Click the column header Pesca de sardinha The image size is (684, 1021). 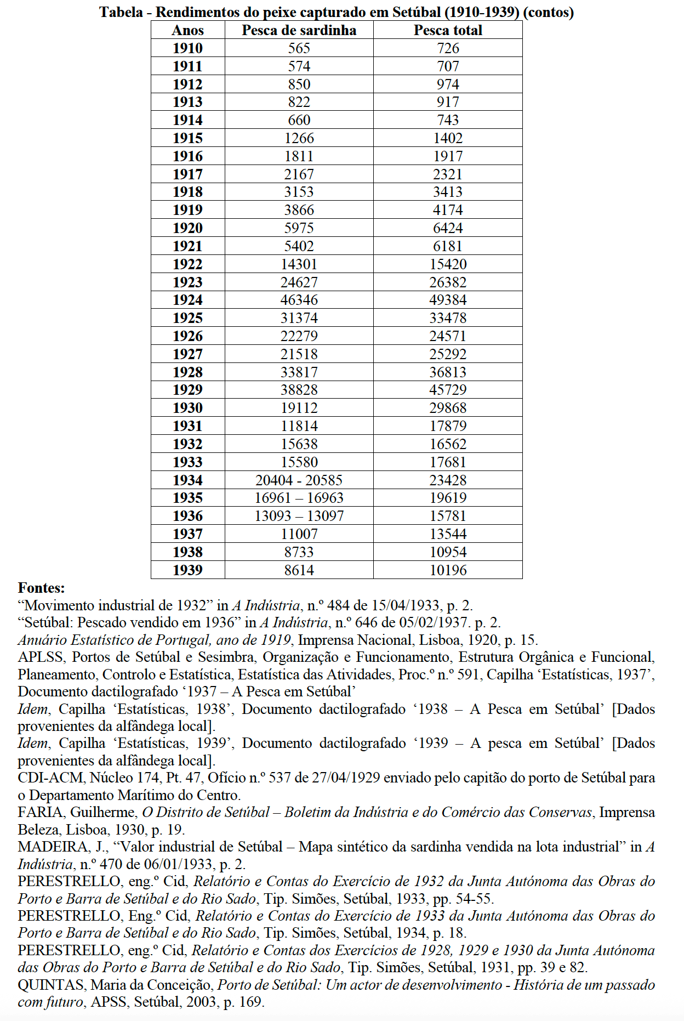pyautogui.click(x=299, y=30)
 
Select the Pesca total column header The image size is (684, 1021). pyautogui.click(x=448, y=30)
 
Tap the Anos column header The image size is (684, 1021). pyautogui.click(x=187, y=30)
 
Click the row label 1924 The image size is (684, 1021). pyautogui.click(x=187, y=300)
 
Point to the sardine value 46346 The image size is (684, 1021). pyautogui.click(x=299, y=300)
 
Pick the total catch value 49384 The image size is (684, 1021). pyautogui.click(x=448, y=300)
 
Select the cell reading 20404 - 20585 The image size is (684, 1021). pyautogui.click(x=299, y=480)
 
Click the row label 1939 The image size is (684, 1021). pyautogui.click(x=187, y=570)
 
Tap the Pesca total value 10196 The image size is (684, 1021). pyautogui.click(x=448, y=570)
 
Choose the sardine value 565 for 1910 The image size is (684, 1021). pyautogui.click(x=299, y=48)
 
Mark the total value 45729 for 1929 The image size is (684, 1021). pyautogui.click(x=448, y=390)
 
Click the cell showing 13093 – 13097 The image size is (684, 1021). pyautogui.click(x=299, y=516)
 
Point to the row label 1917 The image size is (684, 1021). pyautogui.click(x=187, y=174)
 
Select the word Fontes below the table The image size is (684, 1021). pyautogui.click(x=41, y=588)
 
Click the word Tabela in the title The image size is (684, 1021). pyautogui.click(x=121, y=12)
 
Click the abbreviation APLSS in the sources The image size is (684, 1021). pyautogui.click(x=41, y=657)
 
